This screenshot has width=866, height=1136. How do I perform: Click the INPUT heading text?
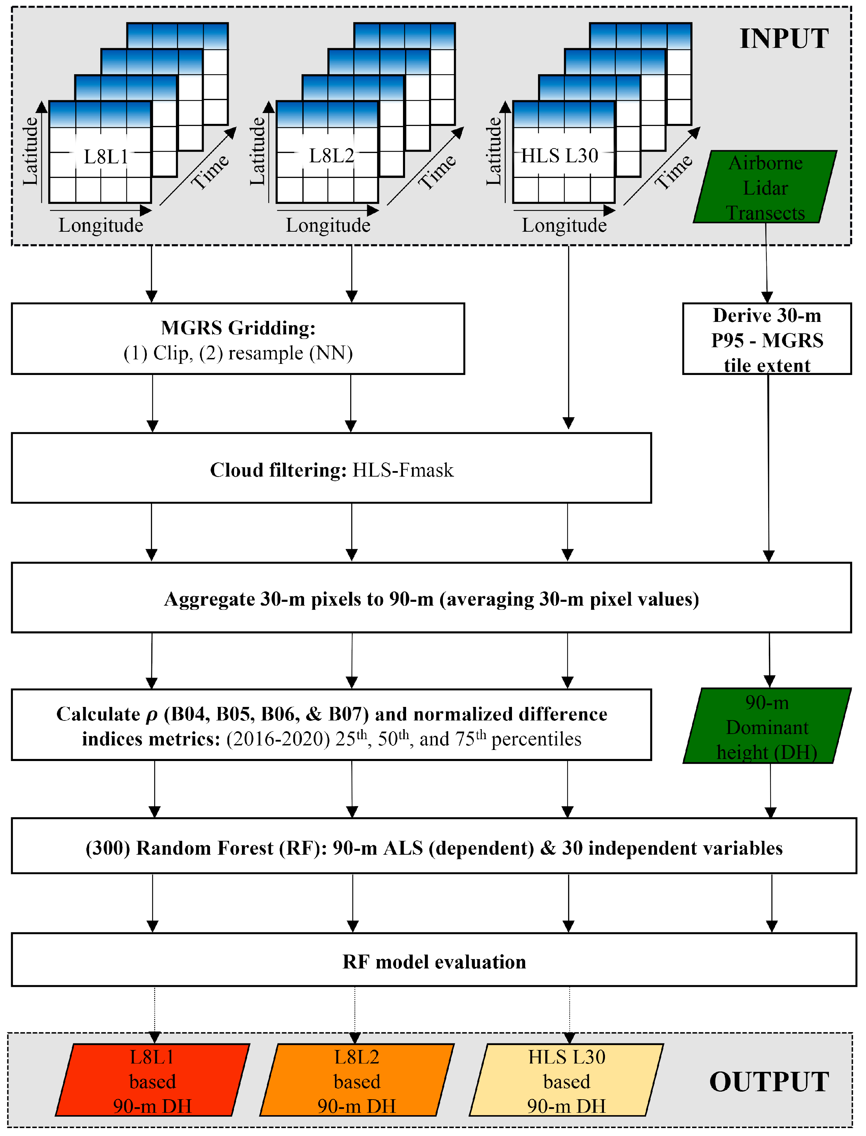783,39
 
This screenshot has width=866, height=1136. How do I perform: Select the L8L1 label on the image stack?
106,156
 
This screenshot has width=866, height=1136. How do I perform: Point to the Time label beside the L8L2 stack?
437,172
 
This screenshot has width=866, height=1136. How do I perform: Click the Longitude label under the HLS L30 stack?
564,225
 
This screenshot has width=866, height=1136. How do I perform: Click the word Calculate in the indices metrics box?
98,714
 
